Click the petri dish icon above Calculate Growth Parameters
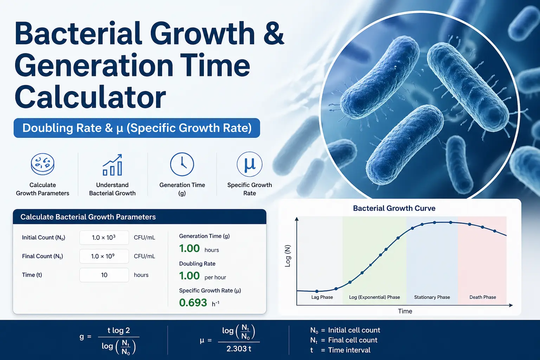coord(43,164)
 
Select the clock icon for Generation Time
coord(182,164)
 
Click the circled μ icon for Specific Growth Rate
coord(250,164)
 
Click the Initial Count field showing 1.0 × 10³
coord(104,238)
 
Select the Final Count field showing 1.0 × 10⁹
coord(104,256)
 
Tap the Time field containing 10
coord(104,275)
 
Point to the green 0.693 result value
coord(193,303)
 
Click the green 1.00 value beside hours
coord(189,249)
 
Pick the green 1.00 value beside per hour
coord(189,276)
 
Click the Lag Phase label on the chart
coord(322,297)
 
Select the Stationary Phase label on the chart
coord(432,297)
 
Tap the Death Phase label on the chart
coord(483,297)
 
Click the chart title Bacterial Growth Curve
coord(394,208)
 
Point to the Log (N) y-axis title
coord(288,256)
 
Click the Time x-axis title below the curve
coord(405,311)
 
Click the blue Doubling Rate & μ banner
coord(137,128)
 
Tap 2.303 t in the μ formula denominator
coord(239,349)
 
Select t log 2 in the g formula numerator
coord(118,330)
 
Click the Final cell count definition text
coord(353,340)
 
